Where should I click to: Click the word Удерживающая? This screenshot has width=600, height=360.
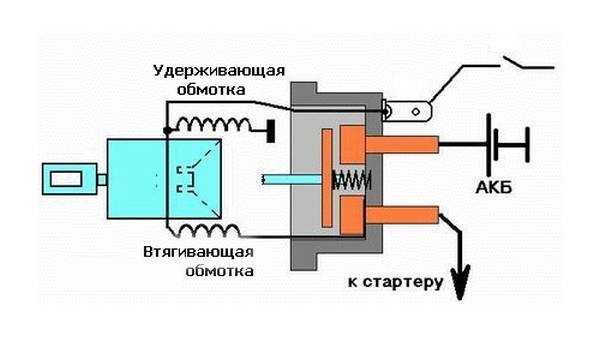219,72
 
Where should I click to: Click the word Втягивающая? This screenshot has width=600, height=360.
199,253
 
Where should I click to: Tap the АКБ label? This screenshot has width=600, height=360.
494,187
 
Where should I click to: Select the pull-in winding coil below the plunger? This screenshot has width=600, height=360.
210,230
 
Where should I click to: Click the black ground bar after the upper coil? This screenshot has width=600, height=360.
271,131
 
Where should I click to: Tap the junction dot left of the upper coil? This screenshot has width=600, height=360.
167,131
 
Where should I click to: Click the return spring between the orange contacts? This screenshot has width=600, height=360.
351,180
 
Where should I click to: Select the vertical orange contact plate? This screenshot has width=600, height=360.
327,178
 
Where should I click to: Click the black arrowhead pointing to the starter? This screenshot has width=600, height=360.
460,281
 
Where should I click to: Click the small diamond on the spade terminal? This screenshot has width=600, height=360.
416,112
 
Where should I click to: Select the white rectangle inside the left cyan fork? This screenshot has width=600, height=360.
66,179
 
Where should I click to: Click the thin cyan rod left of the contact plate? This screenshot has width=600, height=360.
292,179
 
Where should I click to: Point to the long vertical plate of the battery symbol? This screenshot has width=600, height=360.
489,144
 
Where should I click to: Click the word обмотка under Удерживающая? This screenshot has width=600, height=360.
211,90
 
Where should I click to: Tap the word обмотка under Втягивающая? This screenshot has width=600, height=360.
219,270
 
